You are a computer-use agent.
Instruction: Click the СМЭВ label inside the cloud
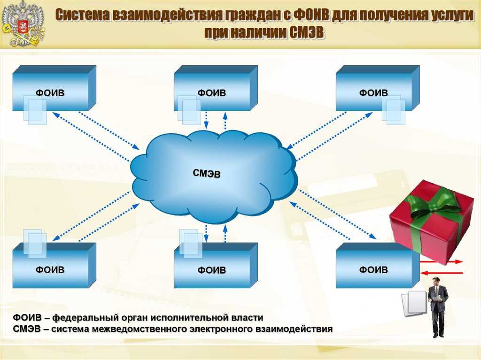(x=207, y=174)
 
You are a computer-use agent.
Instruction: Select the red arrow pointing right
(x=441, y=261)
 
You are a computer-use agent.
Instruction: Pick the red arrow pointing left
(x=442, y=273)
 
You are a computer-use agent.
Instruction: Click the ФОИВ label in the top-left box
(x=50, y=93)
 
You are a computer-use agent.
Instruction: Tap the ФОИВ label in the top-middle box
(x=212, y=93)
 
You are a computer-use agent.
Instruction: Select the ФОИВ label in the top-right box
(x=373, y=92)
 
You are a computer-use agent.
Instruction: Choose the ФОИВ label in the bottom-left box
(x=50, y=270)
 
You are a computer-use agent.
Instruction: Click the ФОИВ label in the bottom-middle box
(x=212, y=270)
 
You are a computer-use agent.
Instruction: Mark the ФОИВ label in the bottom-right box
(x=373, y=270)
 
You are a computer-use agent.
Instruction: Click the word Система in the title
(x=82, y=15)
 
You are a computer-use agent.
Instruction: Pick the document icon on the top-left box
(x=35, y=110)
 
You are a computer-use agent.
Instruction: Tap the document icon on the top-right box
(x=394, y=110)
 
